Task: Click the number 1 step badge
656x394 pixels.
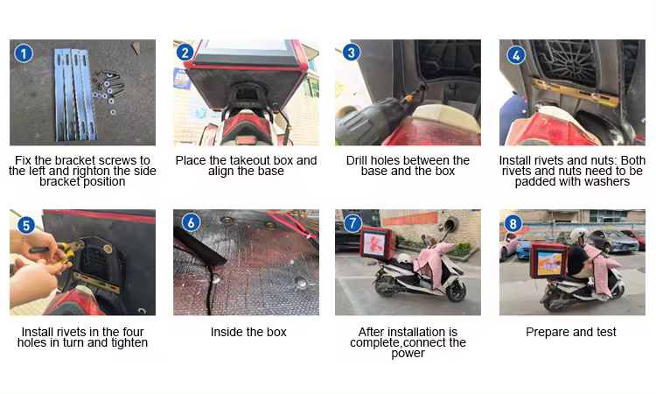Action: [x=24, y=53]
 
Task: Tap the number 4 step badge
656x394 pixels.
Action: [x=516, y=55]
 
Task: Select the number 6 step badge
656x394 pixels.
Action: [x=192, y=222]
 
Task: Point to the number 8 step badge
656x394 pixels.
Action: [x=513, y=223]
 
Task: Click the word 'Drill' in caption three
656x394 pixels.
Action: [x=357, y=160]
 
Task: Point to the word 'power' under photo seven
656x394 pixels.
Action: [x=408, y=355]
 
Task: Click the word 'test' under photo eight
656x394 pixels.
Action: [x=606, y=332]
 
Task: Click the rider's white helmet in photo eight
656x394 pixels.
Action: [x=579, y=235]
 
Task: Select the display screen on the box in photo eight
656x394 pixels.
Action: [x=549, y=263]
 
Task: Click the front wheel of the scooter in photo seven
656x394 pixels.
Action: [x=456, y=290]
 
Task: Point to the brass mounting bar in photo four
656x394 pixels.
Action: [x=576, y=92]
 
